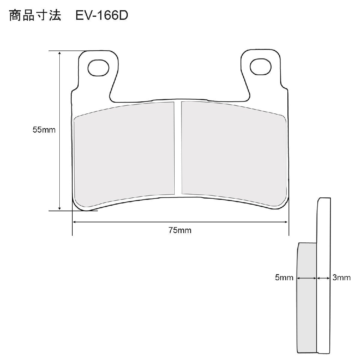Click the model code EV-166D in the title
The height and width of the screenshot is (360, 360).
click(x=102, y=16)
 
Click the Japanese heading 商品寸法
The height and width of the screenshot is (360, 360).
click(x=35, y=16)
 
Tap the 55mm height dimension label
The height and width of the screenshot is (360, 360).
click(x=44, y=130)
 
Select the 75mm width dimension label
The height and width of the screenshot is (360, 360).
click(x=180, y=230)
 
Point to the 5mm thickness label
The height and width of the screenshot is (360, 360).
click(x=284, y=283)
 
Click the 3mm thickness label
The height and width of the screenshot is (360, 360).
click(x=341, y=283)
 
